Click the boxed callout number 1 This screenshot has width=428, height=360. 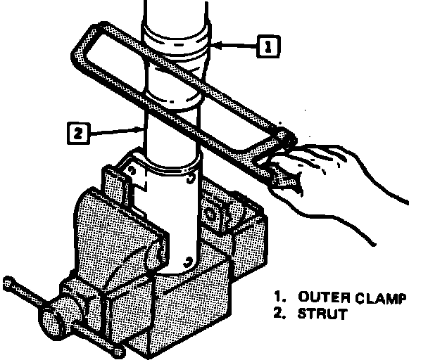(267, 46)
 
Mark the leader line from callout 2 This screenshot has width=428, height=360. (116, 129)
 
